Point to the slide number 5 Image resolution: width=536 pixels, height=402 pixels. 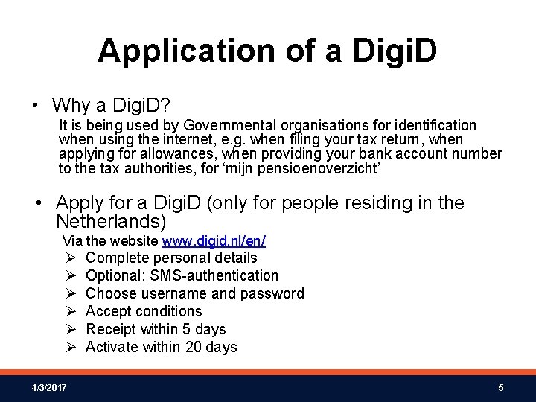pyautogui.click(x=501, y=387)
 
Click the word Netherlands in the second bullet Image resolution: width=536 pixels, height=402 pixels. pyautogui.click(x=111, y=221)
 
